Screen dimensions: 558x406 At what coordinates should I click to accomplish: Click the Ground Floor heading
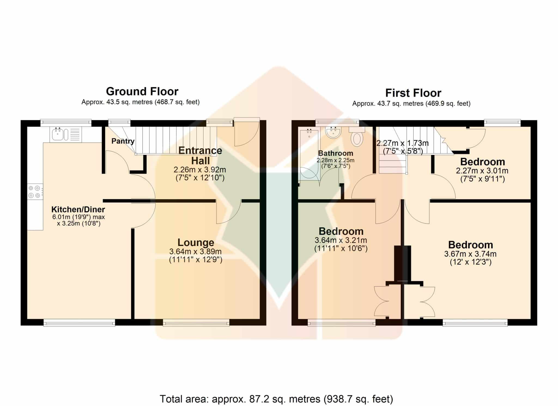142,91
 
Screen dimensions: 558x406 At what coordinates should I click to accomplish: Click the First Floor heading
413,93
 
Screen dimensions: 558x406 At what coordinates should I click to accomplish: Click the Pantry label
123,141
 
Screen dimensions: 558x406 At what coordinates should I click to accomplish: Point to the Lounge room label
196,242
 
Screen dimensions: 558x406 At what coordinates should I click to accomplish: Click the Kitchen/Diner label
78,209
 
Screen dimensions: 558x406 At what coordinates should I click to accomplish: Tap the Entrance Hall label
200,155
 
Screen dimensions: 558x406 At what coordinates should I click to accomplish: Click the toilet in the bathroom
357,136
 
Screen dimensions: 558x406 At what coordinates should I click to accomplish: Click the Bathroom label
335,153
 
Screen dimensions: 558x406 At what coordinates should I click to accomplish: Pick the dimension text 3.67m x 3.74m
470,254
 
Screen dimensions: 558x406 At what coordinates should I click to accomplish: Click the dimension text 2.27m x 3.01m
482,171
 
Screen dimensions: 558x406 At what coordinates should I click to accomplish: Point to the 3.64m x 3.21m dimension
341,240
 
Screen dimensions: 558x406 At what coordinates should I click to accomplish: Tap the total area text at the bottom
276,399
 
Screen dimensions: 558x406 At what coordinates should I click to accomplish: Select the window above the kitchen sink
66,123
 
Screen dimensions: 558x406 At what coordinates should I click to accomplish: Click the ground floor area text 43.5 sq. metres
140,102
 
